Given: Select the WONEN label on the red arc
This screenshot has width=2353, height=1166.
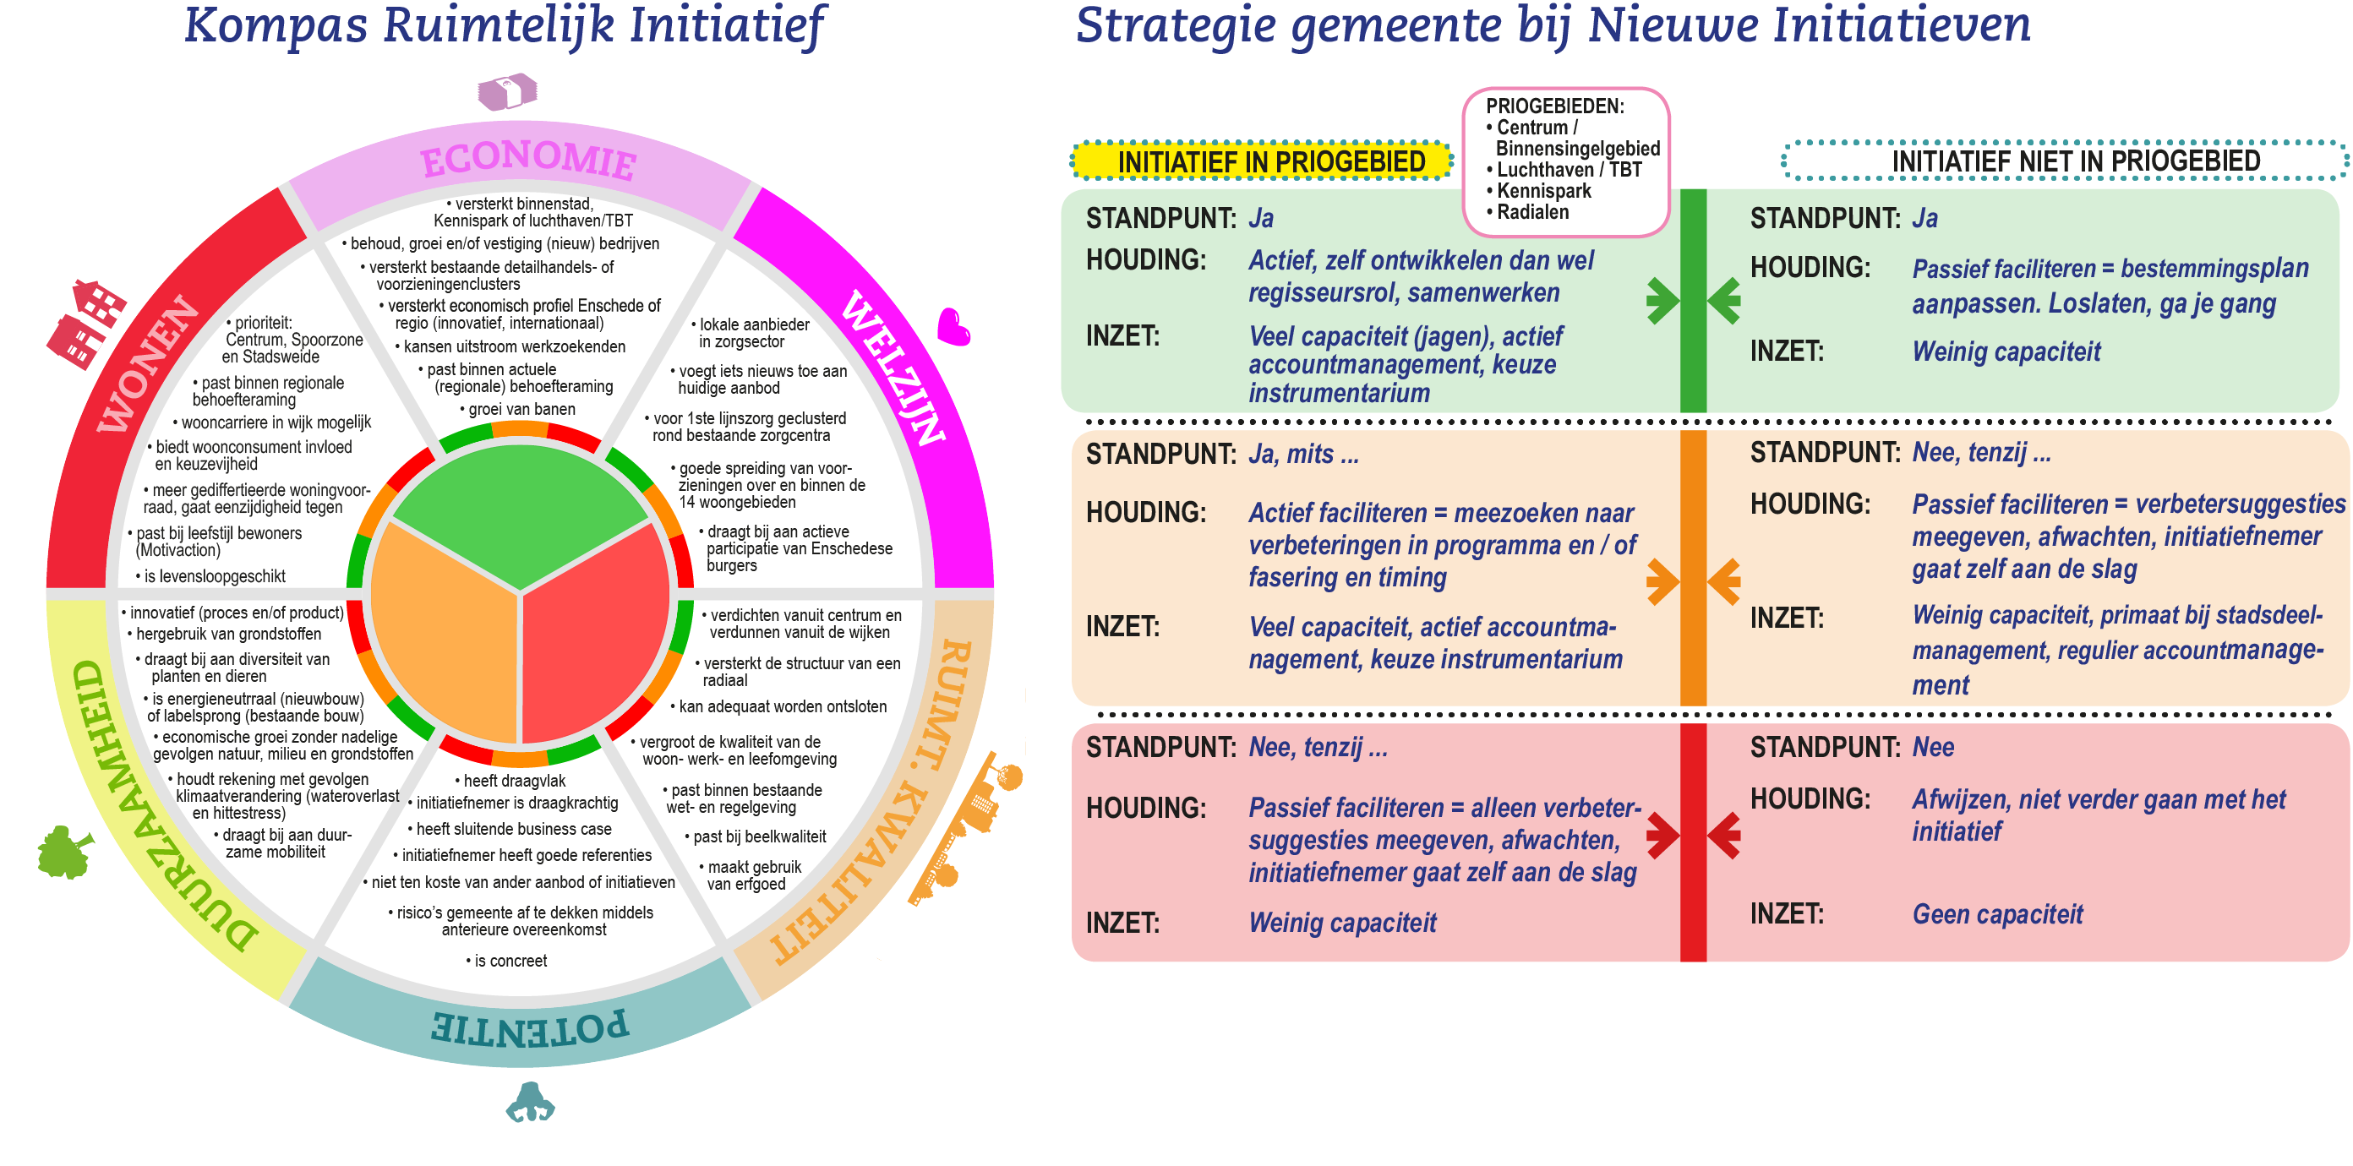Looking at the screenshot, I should pyautogui.click(x=146, y=363).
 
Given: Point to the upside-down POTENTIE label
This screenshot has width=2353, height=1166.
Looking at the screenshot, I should pyautogui.click(x=530, y=1027).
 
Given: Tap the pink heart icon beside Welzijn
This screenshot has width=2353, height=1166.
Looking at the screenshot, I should pyautogui.click(x=953, y=327).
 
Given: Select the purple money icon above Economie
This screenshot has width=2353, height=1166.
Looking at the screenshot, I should pyautogui.click(x=508, y=92).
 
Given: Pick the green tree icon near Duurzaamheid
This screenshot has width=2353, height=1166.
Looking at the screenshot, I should pyautogui.click(x=65, y=852).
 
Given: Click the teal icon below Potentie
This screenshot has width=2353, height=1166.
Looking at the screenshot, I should pyautogui.click(x=530, y=1102).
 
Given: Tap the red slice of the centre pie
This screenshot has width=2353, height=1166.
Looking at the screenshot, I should pyautogui.click(x=593, y=639).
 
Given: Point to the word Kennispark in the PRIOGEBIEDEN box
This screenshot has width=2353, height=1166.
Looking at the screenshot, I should pyautogui.click(x=1542, y=191).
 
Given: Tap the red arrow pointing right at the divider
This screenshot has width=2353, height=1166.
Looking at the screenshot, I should pyautogui.click(x=1662, y=835).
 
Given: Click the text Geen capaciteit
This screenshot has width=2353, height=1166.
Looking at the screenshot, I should pyautogui.click(x=1997, y=914).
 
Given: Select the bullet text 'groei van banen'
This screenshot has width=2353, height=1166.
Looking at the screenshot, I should pyautogui.click(x=521, y=409).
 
